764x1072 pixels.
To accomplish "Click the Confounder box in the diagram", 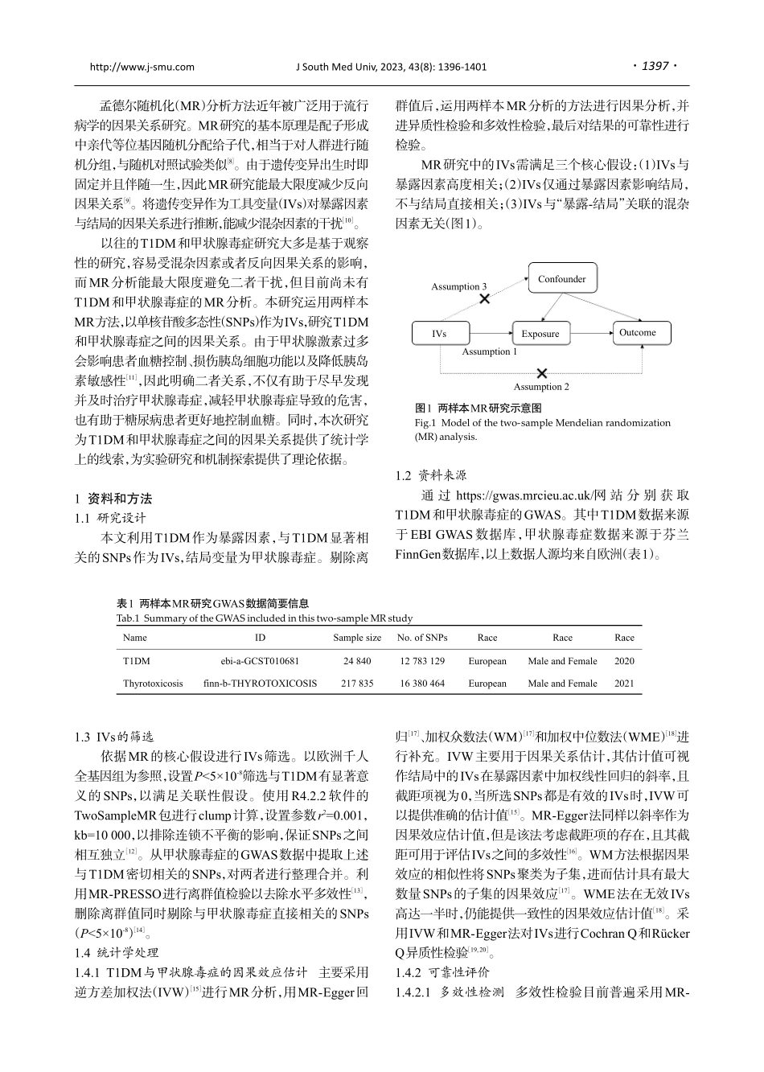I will [562, 279].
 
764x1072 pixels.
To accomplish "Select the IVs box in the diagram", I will [439, 334].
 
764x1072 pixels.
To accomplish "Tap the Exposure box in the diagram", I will [540, 334].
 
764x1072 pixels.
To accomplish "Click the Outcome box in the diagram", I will [637, 332].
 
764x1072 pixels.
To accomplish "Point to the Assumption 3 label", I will [458, 286].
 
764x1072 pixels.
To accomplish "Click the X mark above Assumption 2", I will [542, 373].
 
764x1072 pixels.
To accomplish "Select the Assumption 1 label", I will [489, 351].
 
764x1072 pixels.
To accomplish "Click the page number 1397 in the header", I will [655, 66].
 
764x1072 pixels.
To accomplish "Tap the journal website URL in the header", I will [142, 67].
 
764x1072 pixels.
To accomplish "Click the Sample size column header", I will [357, 638].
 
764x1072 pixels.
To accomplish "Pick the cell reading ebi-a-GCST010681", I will [260, 661].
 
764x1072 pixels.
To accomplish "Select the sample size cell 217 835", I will [357, 684].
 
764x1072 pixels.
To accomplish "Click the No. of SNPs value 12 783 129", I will [421, 661].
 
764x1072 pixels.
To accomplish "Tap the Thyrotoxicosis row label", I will [153, 684].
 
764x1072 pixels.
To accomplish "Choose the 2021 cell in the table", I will [624, 684].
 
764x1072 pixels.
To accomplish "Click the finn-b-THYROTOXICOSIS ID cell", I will [260, 684].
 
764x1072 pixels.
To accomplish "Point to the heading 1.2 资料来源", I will [431, 475].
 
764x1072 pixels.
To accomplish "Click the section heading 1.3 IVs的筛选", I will [114, 737].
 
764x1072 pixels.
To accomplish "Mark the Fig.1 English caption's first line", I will [542, 422].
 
